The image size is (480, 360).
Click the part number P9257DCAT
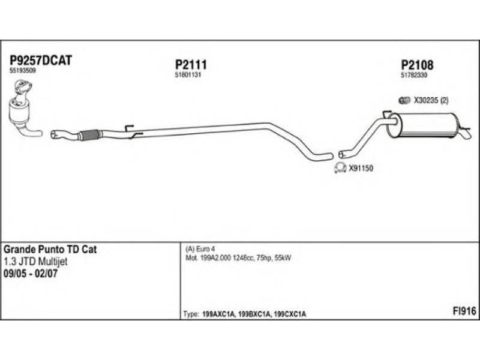tap(41, 60)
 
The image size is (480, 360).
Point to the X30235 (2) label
tap(431, 100)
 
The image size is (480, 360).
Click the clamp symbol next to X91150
tap(340, 168)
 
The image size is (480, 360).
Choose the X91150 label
tap(361, 169)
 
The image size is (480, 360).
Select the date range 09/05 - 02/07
tap(35, 273)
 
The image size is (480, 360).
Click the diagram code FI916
tap(464, 311)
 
